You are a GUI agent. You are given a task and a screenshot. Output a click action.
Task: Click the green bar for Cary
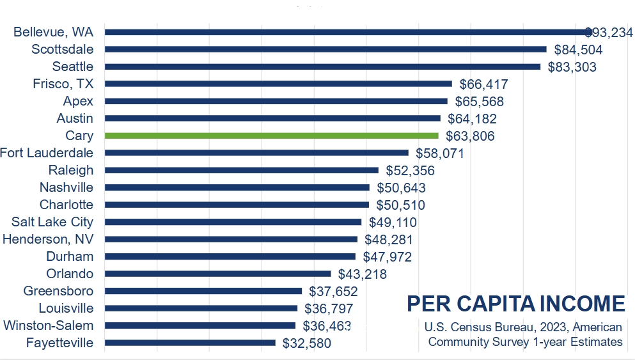[x=272, y=136]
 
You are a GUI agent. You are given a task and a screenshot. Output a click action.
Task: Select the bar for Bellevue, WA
[x=345, y=32]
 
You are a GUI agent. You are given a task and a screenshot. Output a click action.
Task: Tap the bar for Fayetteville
[x=190, y=343]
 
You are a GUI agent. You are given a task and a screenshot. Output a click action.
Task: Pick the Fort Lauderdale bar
[x=256, y=153]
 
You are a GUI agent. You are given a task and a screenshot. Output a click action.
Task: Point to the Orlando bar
[x=217, y=274]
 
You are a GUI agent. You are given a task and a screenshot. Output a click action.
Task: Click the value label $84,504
[x=578, y=50]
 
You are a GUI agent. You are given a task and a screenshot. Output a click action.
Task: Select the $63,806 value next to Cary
[x=470, y=136]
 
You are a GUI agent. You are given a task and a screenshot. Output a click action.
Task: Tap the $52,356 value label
[x=410, y=171]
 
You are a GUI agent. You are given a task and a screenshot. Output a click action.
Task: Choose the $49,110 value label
[x=393, y=223]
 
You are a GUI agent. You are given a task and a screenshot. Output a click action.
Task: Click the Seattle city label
[x=73, y=67]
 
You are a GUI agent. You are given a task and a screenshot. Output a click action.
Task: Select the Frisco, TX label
[x=63, y=84]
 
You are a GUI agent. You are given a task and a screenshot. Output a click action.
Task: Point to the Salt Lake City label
[x=52, y=223]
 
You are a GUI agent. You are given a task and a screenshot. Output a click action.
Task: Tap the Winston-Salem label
[x=49, y=326]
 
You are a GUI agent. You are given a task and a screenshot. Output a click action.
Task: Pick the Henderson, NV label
[x=48, y=240]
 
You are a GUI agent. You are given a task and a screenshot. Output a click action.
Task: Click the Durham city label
[x=70, y=257]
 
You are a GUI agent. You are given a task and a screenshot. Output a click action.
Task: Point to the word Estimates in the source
[x=596, y=342]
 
